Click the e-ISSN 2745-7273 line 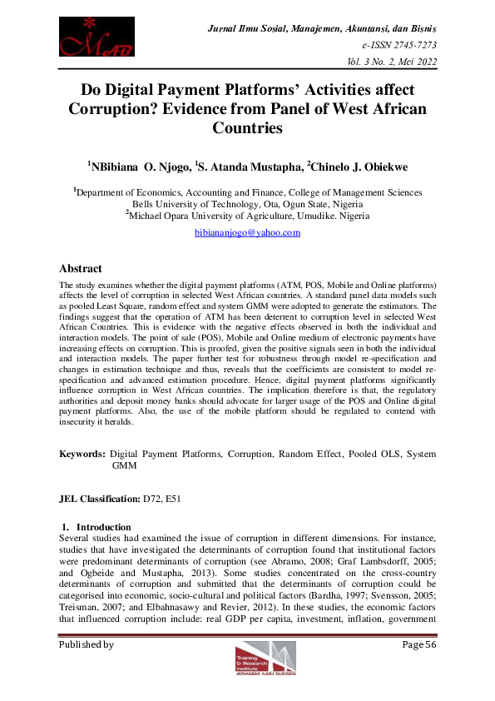tap(399, 45)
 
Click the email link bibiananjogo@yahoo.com tap(247, 233)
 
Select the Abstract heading tap(81, 269)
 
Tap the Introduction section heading tap(103, 527)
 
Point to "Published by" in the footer tap(86, 644)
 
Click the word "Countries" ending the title tap(248, 128)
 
